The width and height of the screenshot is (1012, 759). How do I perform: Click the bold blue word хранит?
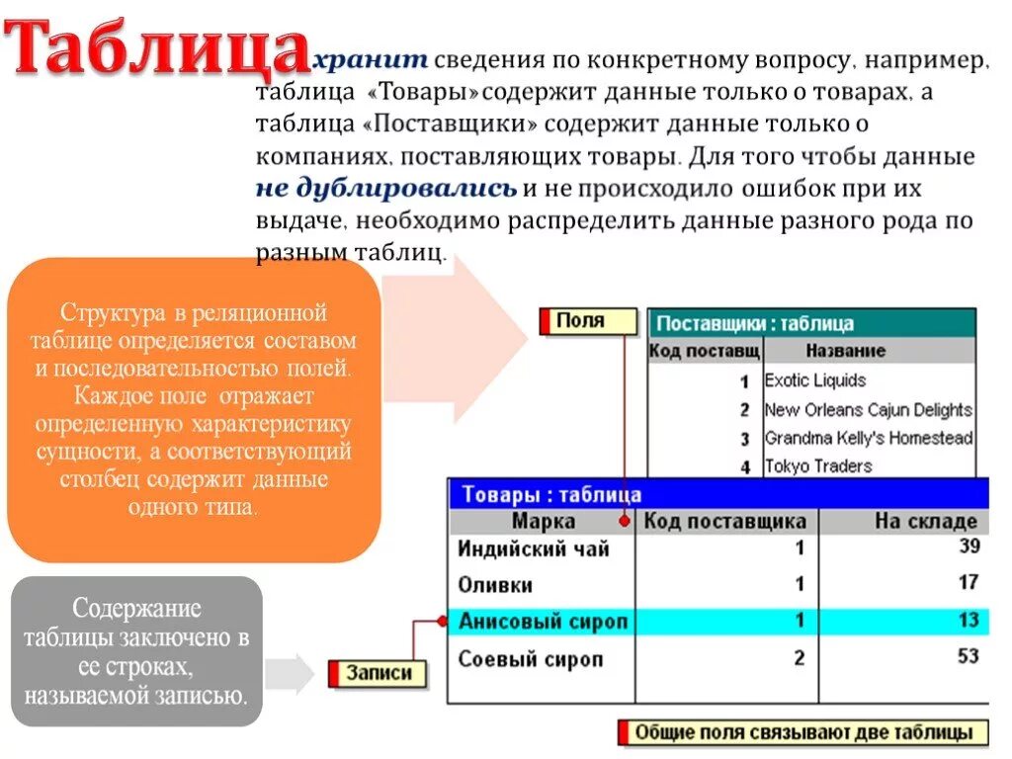371,61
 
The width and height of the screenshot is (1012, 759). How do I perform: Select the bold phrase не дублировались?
386,189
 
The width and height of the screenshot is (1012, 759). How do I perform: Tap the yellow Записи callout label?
378,674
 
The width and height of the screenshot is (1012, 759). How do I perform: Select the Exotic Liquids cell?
815,380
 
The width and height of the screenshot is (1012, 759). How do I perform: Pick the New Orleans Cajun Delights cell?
868,409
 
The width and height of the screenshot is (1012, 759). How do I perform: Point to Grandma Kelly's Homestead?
868,438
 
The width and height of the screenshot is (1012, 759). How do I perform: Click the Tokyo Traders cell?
818,466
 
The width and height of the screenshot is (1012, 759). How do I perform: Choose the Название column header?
845,351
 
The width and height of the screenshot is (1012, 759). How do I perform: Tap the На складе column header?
925,521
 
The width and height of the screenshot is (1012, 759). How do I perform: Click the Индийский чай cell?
534,549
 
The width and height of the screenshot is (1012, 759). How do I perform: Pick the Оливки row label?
496,585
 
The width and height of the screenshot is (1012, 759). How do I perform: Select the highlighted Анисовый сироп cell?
543,622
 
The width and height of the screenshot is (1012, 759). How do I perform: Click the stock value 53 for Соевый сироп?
968,656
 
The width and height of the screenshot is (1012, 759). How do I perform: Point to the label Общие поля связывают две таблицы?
809,733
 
